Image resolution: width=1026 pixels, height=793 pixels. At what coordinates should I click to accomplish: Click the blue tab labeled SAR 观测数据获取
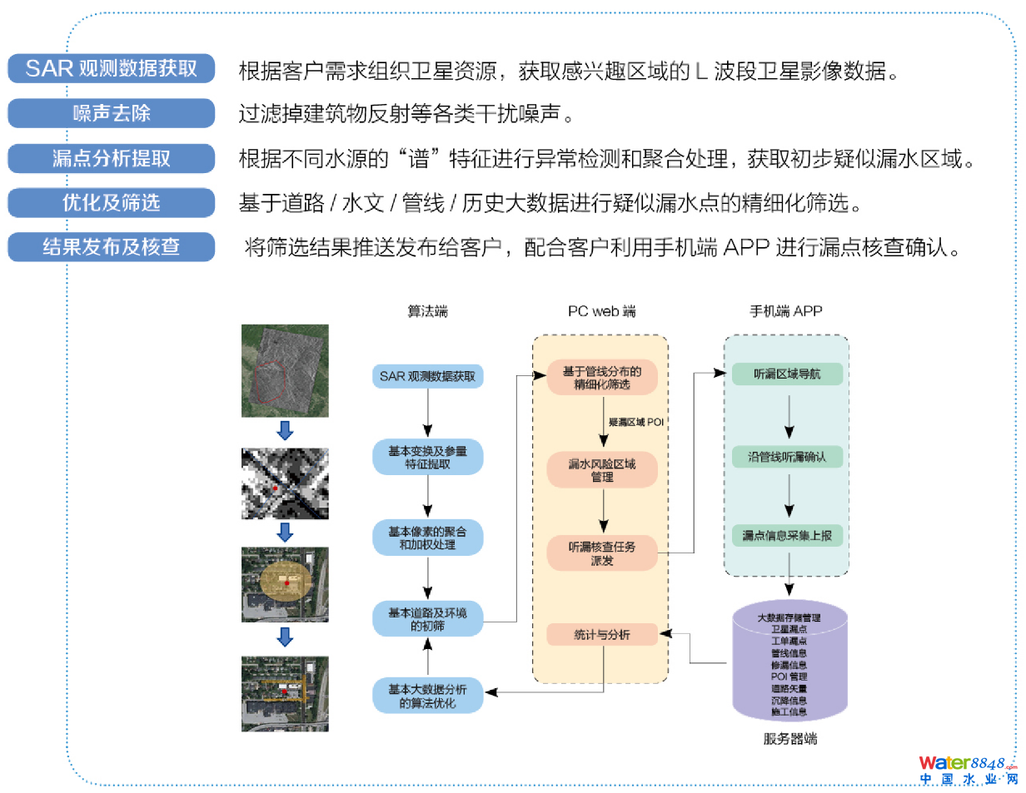click(x=112, y=68)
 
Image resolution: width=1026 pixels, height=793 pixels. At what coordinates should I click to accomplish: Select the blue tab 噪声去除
click(x=112, y=113)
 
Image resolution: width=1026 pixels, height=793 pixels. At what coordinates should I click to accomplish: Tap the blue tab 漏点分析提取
click(x=112, y=158)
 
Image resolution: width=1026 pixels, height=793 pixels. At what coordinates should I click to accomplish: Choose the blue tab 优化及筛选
click(x=112, y=202)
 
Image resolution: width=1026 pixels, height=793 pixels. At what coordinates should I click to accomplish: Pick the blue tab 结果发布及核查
click(x=112, y=246)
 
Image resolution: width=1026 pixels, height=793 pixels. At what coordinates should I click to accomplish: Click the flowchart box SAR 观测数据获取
click(x=427, y=376)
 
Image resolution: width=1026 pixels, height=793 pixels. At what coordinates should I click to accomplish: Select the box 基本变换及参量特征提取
click(x=427, y=457)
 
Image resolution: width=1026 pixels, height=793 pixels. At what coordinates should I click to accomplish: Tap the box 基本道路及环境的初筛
click(x=427, y=619)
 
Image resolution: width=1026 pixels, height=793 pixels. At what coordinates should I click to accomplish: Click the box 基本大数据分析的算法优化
click(x=427, y=696)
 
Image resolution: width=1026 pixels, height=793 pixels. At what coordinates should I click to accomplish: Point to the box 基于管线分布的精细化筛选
click(x=602, y=377)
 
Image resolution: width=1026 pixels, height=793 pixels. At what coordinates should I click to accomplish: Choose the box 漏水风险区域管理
click(x=602, y=470)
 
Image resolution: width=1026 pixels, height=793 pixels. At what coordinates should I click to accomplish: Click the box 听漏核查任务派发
click(x=602, y=553)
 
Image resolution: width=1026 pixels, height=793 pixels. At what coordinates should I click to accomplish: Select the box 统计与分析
click(x=602, y=635)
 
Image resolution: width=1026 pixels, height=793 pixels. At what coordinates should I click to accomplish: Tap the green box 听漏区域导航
click(x=787, y=374)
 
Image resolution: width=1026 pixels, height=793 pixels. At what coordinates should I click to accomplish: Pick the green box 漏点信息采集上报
click(x=787, y=537)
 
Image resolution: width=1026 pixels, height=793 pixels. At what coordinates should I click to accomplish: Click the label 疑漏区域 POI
click(x=635, y=422)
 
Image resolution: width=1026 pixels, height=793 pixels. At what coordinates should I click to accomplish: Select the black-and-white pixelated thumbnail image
click(x=285, y=483)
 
